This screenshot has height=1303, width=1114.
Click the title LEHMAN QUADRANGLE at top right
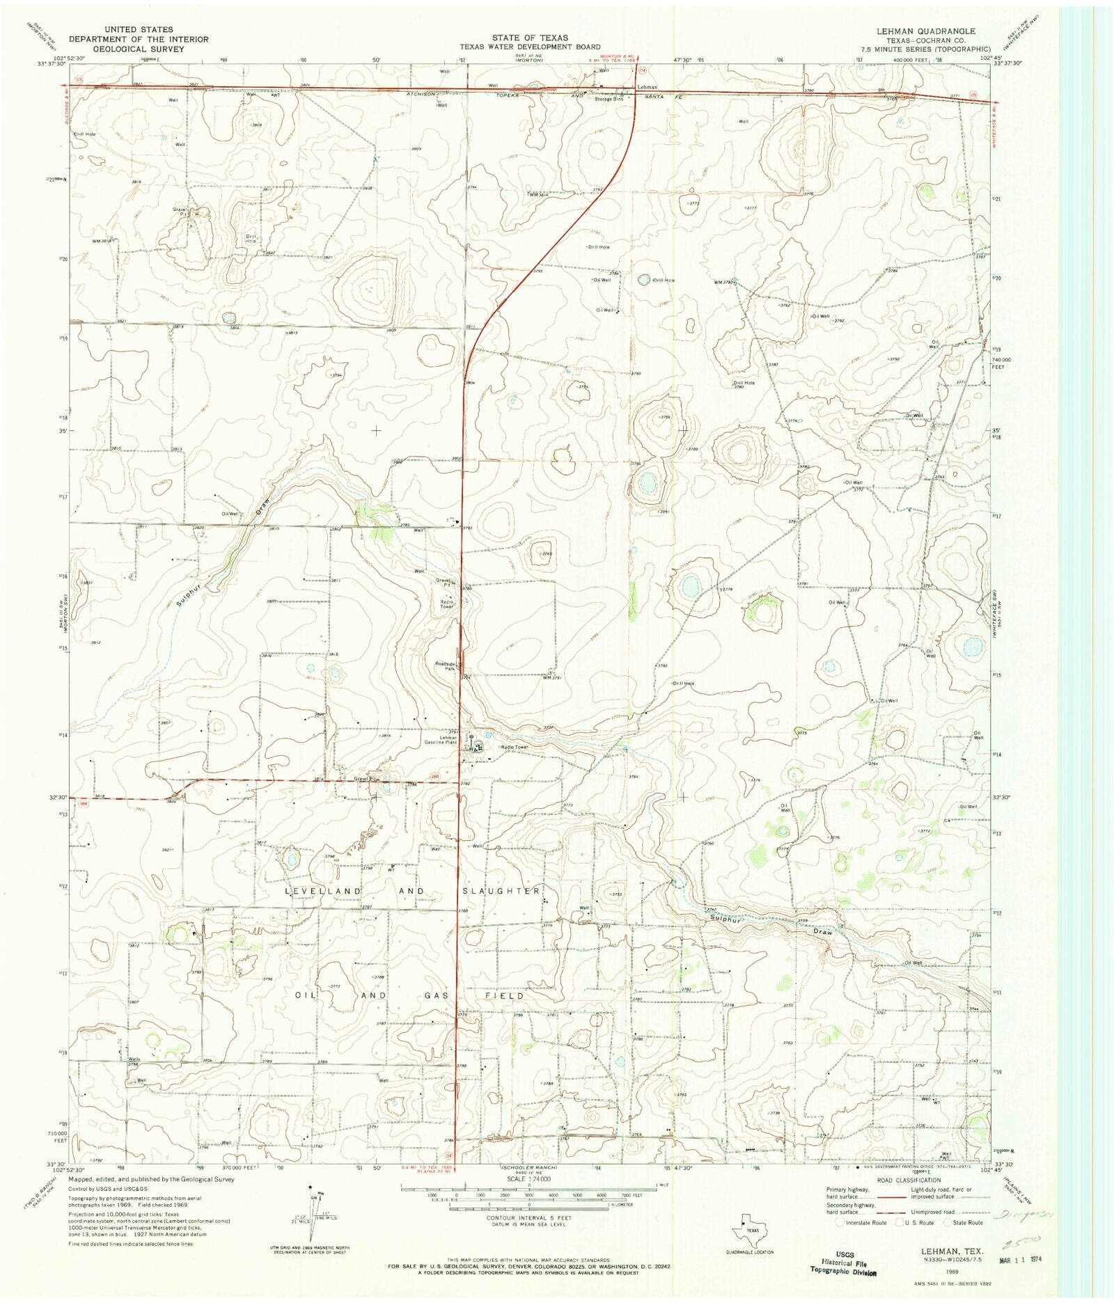tap(935, 31)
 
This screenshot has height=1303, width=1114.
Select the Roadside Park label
tap(446, 666)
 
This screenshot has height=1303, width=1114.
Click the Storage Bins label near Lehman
tap(609, 99)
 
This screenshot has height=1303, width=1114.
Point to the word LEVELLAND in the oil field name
tap(322, 891)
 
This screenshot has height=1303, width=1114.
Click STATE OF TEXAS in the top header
tap(529, 38)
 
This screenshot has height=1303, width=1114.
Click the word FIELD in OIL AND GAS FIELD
tap(505, 996)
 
